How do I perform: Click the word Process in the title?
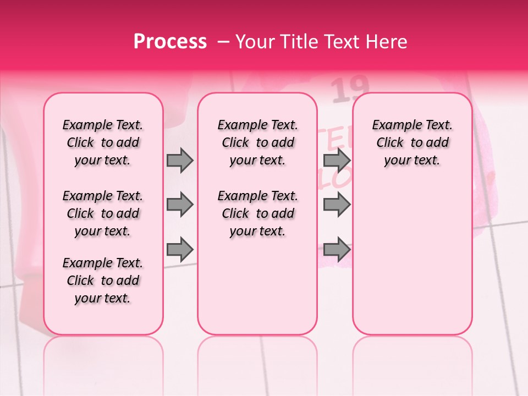(x=170, y=42)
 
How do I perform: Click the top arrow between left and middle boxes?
(x=180, y=161)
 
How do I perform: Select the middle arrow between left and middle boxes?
(x=180, y=205)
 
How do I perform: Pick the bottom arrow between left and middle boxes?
(x=180, y=249)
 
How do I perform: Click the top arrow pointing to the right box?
(x=337, y=161)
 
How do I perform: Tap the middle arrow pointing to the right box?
(x=337, y=205)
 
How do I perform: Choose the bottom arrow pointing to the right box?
(x=337, y=249)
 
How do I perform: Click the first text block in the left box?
(x=103, y=142)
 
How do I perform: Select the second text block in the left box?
(x=103, y=213)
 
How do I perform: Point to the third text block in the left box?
(x=103, y=280)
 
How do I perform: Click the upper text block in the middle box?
(x=257, y=142)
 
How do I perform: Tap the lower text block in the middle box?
(x=257, y=213)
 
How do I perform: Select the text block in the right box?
(x=412, y=142)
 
